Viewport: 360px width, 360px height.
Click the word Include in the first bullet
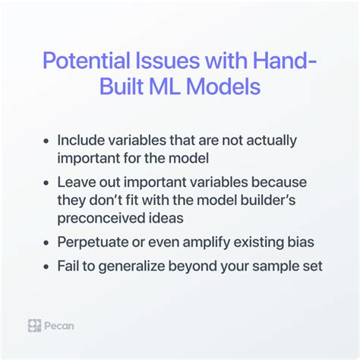(x=79, y=141)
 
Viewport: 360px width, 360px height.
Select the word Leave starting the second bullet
(x=74, y=183)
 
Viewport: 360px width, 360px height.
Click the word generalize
(x=134, y=267)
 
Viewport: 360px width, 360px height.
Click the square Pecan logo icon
(x=34, y=326)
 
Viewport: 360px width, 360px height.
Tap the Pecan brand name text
(x=59, y=326)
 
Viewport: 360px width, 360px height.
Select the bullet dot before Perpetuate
(x=48, y=243)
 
